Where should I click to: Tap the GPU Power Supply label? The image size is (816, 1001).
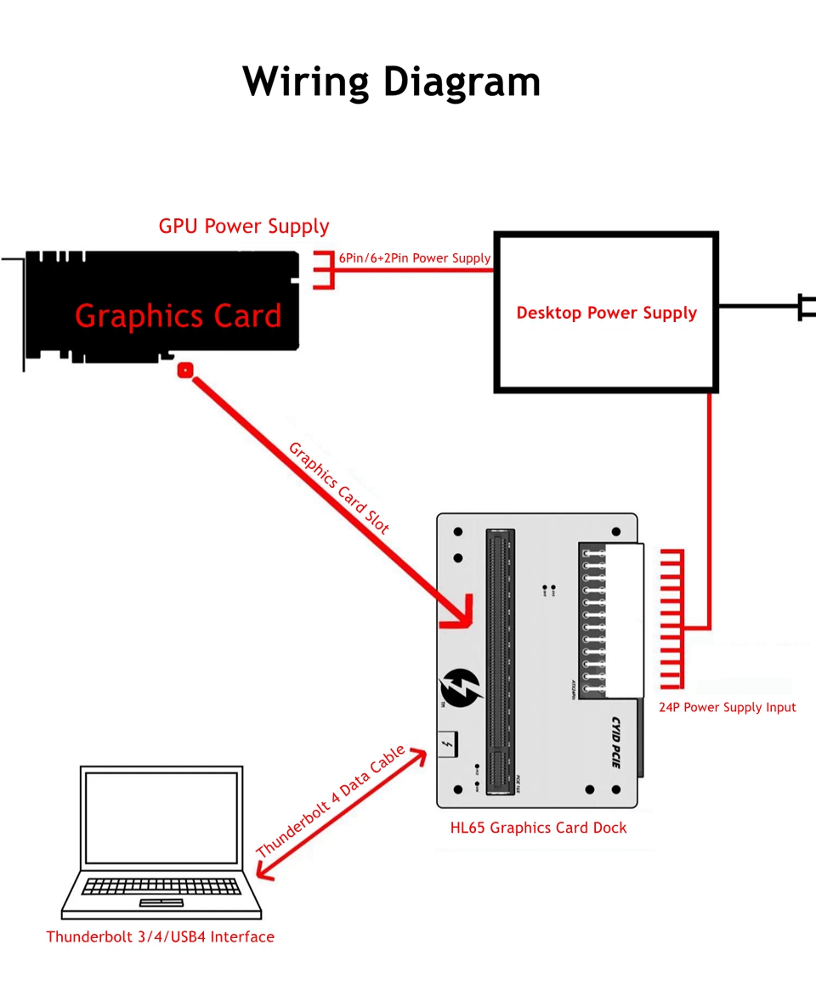click(x=244, y=226)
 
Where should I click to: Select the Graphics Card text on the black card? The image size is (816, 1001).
click(x=178, y=315)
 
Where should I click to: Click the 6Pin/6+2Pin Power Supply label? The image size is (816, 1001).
click(x=415, y=257)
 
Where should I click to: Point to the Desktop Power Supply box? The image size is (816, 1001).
click(x=606, y=313)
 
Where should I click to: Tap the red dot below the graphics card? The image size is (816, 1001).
click(x=184, y=370)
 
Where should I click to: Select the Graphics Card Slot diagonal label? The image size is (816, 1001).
click(x=338, y=488)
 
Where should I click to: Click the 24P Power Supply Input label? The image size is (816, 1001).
click(x=727, y=707)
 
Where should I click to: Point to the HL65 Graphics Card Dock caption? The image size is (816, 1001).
click(x=538, y=827)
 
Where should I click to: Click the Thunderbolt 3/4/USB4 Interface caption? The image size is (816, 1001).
click(x=160, y=936)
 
